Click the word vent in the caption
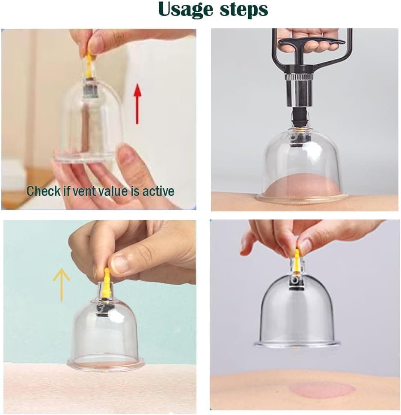pos(87,191)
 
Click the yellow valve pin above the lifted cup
pos(296,259)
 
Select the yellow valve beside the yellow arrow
pos(106,280)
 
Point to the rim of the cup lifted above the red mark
pos(297,344)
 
